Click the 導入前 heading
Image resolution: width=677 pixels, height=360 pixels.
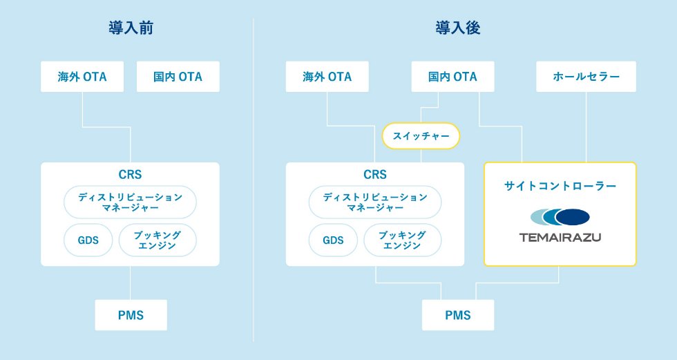pyautogui.click(x=131, y=28)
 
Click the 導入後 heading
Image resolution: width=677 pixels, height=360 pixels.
pyautogui.click(x=457, y=28)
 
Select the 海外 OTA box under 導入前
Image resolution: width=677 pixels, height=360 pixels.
pyautogui.click(x=82, y=77)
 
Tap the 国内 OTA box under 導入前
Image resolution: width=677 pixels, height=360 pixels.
pyautogui.click(x=178, y=77)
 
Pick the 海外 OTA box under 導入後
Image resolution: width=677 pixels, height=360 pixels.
pyautogui.click(x=327, y=77)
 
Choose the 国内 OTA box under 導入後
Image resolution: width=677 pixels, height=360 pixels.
pyautogui.click(x=452, y=77)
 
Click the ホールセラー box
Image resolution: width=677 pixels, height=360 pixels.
pyautogui.click(x=587, y=77)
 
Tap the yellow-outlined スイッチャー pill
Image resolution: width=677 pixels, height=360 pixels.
pyautogui.click(x=421, y=136)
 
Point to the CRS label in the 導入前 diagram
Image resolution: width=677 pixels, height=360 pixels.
pyautogui.click(x=130, y=175)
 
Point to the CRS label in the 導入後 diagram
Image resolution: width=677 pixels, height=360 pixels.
pyautogui.click(x=375, y=175)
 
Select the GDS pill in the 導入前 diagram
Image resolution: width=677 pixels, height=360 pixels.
pyautogui.click(x=88, y=240)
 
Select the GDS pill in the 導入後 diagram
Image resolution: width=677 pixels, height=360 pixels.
pyautogui.click(x=333, y=240)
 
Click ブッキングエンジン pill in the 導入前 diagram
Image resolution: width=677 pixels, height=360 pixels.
pyautogui.click(x=158, y=240)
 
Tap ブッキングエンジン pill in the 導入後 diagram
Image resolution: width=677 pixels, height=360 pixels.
pyautogui.click(x=403, y=240)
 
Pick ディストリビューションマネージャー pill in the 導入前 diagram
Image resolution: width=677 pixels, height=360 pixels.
pyautogui.click(x=130, y=202)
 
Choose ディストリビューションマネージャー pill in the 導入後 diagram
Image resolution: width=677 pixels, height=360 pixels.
pyautogui.click(x=375, y=202)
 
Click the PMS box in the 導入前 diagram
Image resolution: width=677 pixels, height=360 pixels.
pyautogui.click(x=131, y=315)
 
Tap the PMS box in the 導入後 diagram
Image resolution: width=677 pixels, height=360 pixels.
pyautogui.click(x=458, y=315)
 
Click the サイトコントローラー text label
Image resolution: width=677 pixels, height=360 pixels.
pyautogui.click(x=560, y=186)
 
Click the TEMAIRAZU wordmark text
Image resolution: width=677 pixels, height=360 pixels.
pyautogui.click(x=560, y=237)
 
